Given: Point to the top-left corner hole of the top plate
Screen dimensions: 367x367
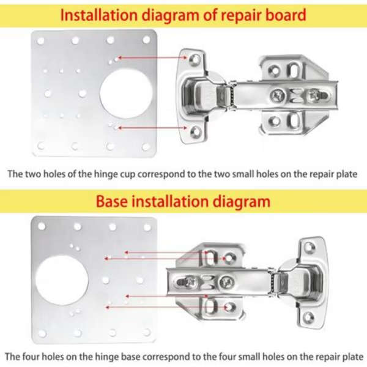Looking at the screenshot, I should [41, 41].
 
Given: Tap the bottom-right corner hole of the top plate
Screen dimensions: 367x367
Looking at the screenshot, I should [146, 147].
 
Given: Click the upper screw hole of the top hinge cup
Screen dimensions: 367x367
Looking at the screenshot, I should [195, 59].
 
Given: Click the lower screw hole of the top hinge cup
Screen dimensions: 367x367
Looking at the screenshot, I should [195, 131].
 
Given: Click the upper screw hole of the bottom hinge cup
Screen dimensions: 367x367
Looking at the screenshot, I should [310, 247].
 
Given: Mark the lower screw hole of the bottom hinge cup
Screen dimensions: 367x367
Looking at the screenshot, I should [310, 317].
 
